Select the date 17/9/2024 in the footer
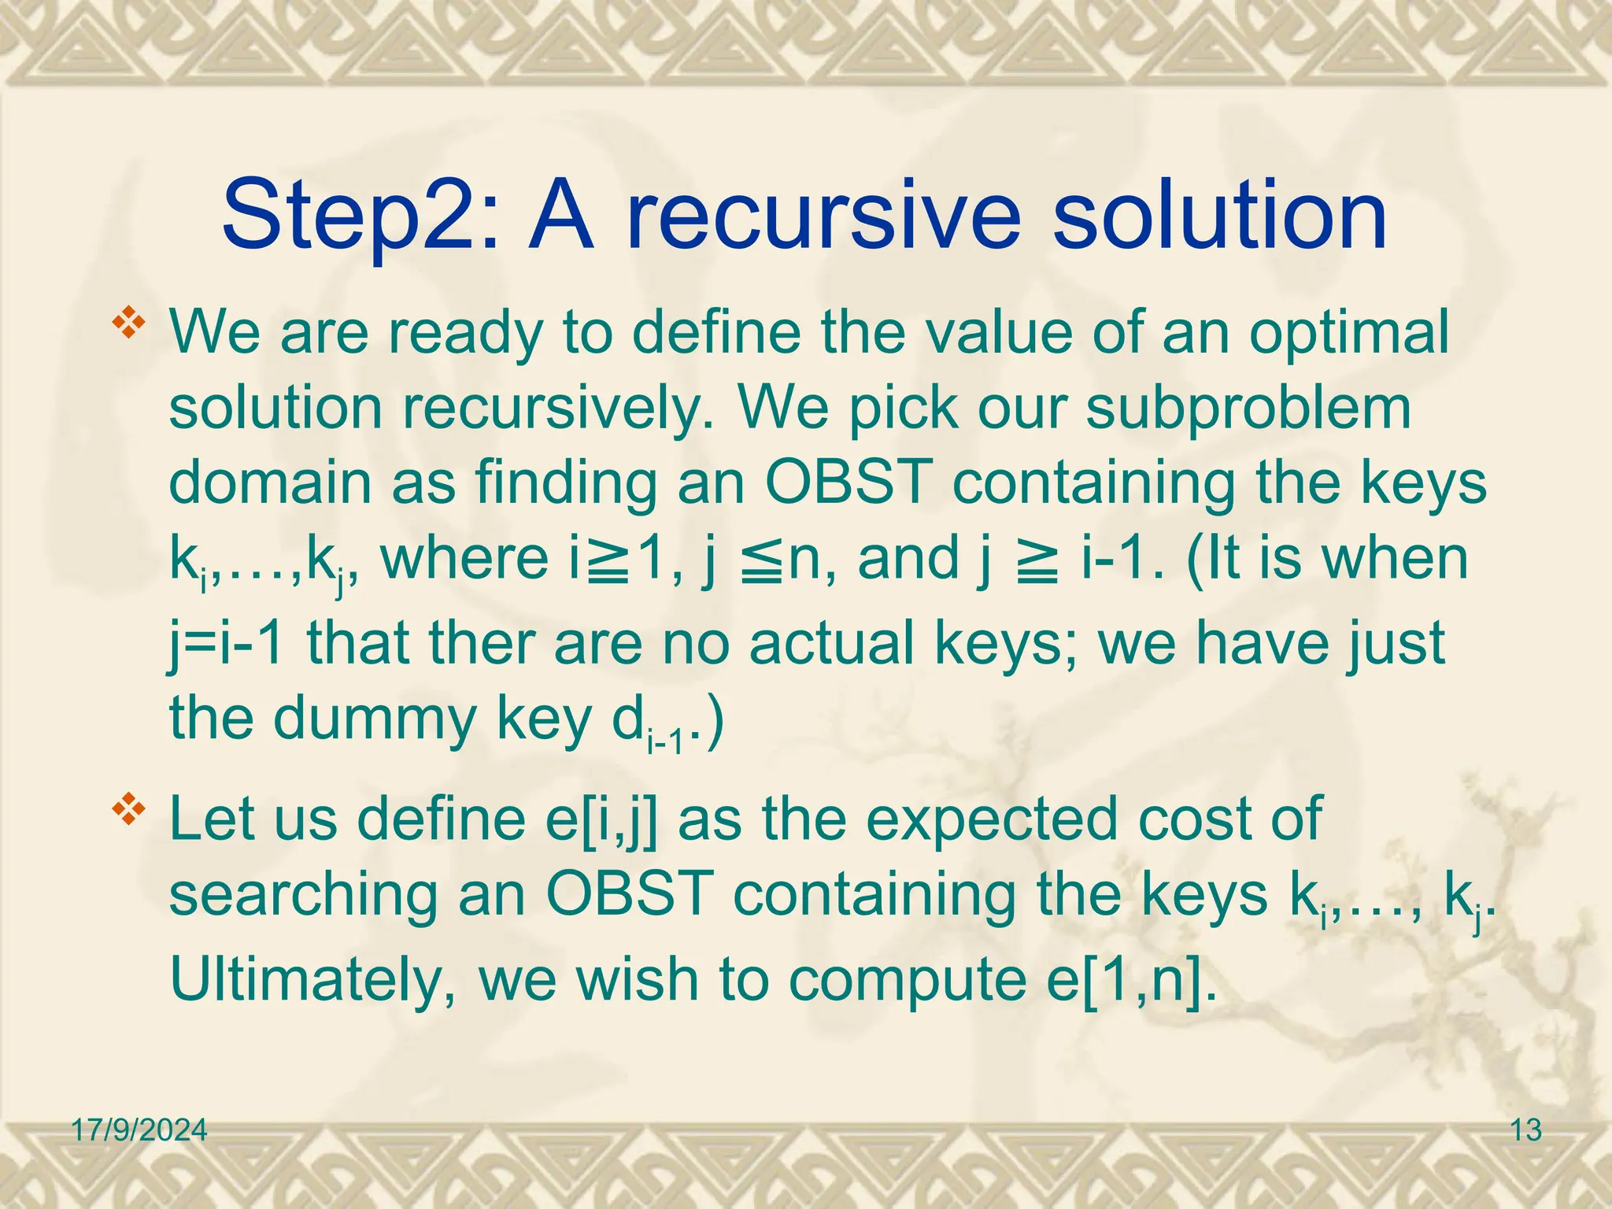tap(139, 1131)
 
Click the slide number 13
tap(1526, 1131)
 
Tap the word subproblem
tap(1248, 409)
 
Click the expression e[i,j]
tap(601, 819)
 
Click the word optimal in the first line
tap(1348, 333)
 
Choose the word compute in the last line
tap(906, 980)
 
